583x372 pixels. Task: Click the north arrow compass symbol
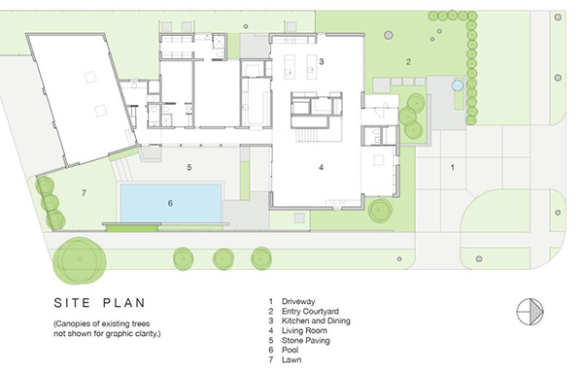coord(530,312)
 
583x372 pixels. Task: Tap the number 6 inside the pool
coord(170,203)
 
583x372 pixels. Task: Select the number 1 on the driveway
coord(453,168)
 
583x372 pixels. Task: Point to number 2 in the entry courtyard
coord(408,62)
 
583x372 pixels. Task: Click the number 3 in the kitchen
coord(322,62)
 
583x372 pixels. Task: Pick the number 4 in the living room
coord(322,168)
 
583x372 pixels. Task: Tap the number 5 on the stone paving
coord(189,168)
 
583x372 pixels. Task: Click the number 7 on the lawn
coord(84,193)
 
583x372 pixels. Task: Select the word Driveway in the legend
coord(298,301)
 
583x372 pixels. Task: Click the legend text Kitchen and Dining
coord(316,321)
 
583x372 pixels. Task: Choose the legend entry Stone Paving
coord(306,340)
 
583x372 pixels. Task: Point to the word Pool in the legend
coord(290,350)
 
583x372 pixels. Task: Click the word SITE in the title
coord(72,303)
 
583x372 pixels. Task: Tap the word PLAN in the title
coord(124,303)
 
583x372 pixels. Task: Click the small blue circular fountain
coord(458,85)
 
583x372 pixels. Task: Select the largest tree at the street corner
coord(80,259)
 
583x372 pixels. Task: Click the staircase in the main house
coord(306,135)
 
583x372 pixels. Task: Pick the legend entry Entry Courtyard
coord(310,311)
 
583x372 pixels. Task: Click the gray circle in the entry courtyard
coord(388,35)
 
